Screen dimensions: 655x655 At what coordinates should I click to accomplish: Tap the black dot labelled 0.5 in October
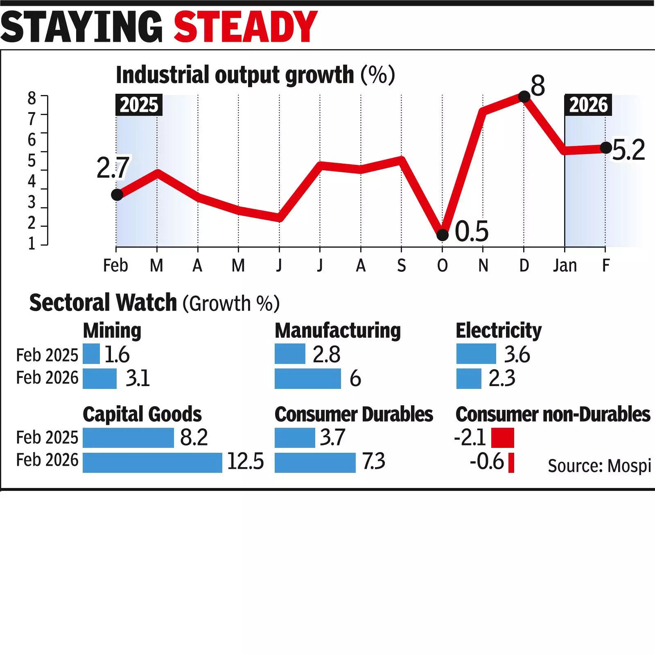(442, 235)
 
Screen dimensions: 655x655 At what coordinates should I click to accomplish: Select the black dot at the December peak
(524, 97)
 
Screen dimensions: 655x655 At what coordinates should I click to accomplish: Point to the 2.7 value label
(113, 167)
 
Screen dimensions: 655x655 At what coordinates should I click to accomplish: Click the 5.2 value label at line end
(628, 150)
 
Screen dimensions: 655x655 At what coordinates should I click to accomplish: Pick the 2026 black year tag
(588, 105)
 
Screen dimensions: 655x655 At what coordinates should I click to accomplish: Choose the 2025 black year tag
(139, 105)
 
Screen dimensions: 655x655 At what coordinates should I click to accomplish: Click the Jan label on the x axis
(565, 266)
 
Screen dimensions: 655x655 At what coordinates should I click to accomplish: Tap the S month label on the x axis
(401, 266)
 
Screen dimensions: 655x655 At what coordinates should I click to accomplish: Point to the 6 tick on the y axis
(32, 140)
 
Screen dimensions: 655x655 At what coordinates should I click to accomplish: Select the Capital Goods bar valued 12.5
(152, 462)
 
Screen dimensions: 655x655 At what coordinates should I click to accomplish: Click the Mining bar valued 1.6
(91, 354)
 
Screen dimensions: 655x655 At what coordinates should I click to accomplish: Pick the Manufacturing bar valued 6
(307, 378)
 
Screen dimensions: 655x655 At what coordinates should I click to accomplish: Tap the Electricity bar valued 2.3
(469, 378)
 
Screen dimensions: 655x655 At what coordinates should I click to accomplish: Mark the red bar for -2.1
(502, 438)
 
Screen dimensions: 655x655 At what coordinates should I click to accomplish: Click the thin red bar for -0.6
(511, 463)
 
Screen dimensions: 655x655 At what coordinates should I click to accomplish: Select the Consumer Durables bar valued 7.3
(315, 462)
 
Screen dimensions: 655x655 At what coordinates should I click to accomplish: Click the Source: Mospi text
(599, 466)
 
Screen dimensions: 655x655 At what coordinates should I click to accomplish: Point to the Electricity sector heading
(498, 330)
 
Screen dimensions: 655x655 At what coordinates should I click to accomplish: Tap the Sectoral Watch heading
(103, 303)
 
